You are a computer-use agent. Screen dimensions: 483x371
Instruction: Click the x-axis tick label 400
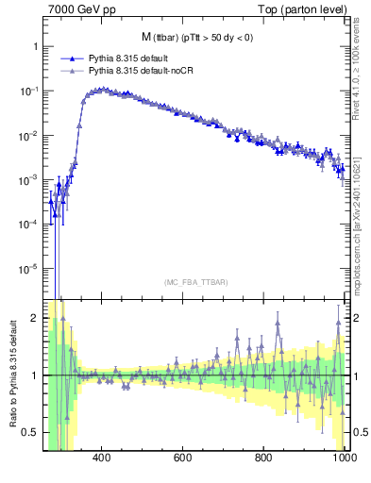(x=103, y=458)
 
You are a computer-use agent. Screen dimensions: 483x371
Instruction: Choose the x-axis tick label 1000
(x=344, y=458)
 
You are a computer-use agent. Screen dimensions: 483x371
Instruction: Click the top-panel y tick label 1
(x=35, y=46)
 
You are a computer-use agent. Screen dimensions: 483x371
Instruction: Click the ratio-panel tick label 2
(x=35, y=318)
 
